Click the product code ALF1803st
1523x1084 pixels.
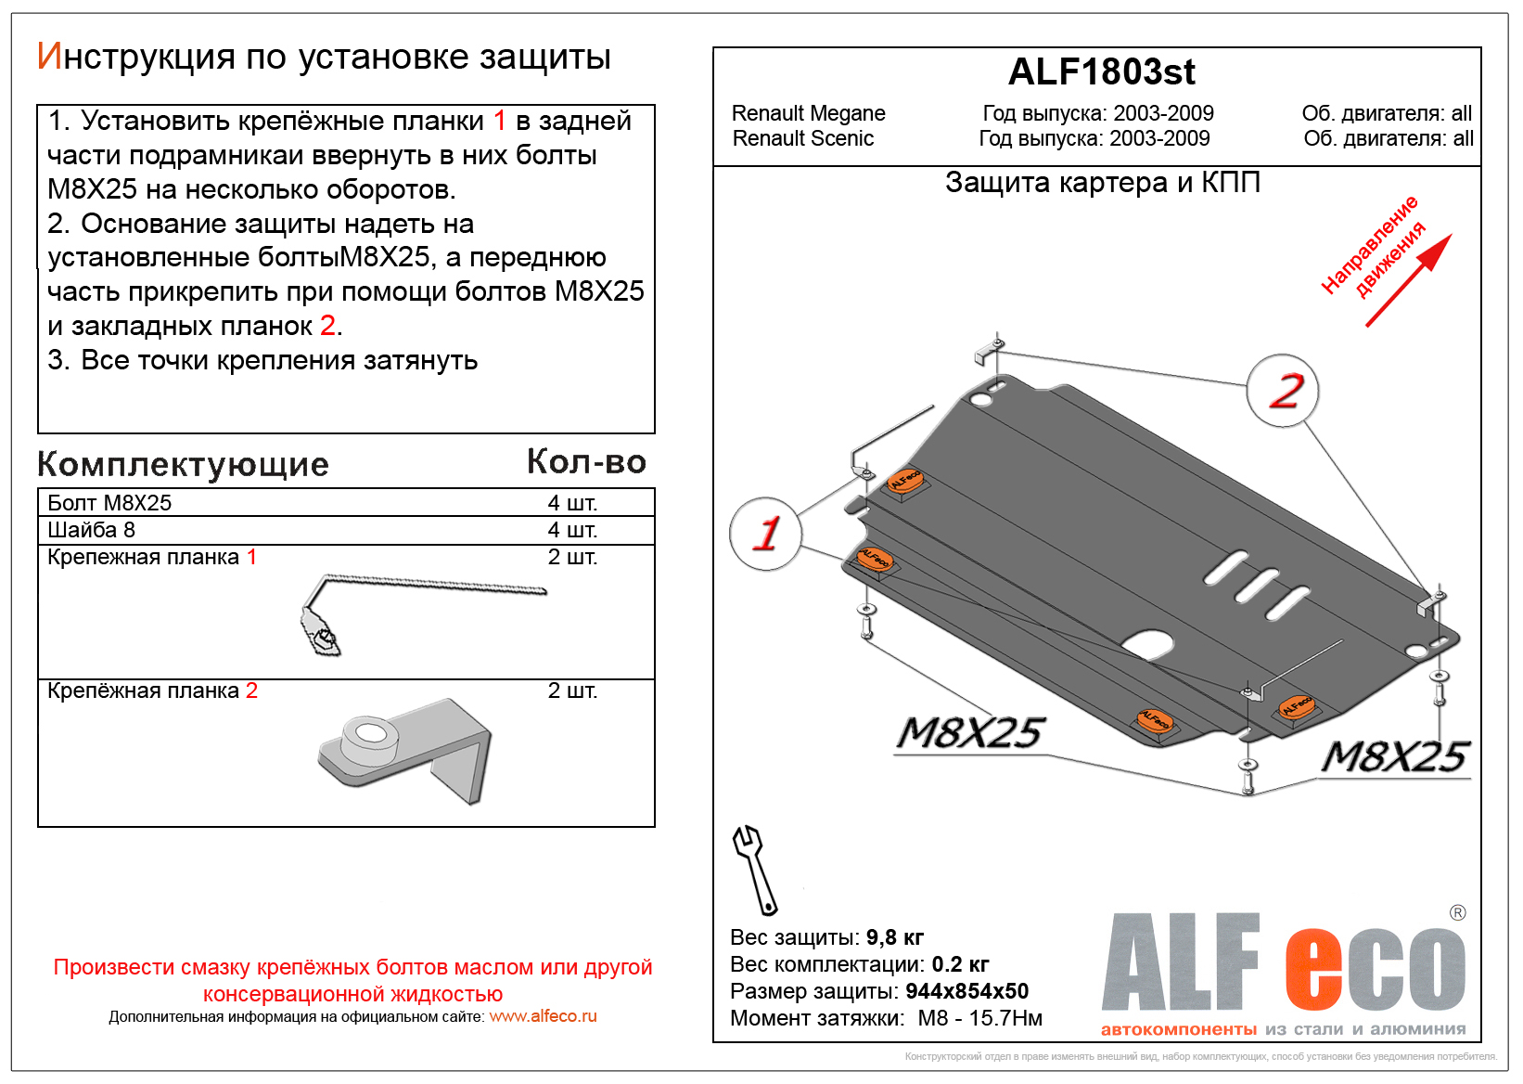click(1101, 72)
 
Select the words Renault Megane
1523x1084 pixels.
click(808, 113)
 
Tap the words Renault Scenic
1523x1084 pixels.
click(803, 138)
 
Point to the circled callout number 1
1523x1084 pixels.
click(766, 534)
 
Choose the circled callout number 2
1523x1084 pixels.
click(1284, 391)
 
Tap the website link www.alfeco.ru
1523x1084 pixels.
click(543, 1016)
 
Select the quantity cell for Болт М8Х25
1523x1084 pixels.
click(572, 503)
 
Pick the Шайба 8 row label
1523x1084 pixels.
click(91, 530)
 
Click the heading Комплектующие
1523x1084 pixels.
click(183, 464)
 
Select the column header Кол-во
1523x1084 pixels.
click(586, 461)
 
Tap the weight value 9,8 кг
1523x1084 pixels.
click(895, 937)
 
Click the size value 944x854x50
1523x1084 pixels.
click(966, 991)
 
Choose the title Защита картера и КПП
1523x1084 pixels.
click(1102, 183)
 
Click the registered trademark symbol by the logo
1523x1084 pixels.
click(1457, 913)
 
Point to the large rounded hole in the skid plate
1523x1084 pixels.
click(1148, 643)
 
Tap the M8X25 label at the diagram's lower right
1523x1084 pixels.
click(1395, 757)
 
